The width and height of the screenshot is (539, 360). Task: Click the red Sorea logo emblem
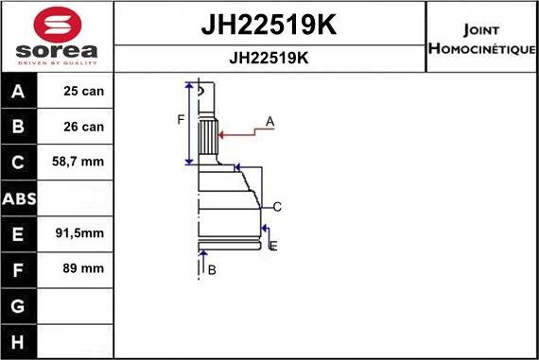[x=58, y=25]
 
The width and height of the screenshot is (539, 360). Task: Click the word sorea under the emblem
[x=57, y=51]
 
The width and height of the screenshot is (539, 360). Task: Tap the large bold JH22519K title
[x=269, y=25]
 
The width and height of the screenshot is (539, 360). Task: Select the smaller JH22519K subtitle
[x=269, y=58]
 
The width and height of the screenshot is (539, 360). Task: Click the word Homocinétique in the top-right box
[x=482, y=48]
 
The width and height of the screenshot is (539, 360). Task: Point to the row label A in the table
[x=18, y=92]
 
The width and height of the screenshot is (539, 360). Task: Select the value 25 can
[x=83, y=91]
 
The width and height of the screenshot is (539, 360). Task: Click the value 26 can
[x=83, y=127]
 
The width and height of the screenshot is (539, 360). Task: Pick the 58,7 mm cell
[x=78, y=162]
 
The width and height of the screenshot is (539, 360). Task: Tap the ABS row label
[x=19, y=198]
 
